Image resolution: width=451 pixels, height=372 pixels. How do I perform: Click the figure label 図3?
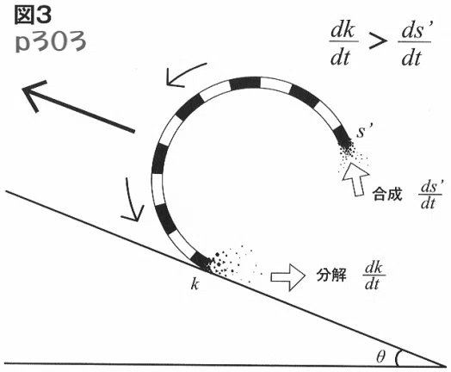pyautogui.click(x=33, y=15)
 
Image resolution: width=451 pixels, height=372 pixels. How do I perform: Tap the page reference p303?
pyautogui.click(x=50, y=42)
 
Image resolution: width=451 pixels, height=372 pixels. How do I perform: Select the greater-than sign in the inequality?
pyautogui.click(x=377, y=42)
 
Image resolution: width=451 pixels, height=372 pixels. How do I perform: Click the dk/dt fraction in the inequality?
pyautogui.click(x=343, y=44)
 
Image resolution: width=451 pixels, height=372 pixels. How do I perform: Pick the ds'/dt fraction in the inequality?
pyautogui.click(x=415, y=44)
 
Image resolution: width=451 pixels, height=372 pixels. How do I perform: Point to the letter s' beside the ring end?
pyautogui.click(x=365, y=131)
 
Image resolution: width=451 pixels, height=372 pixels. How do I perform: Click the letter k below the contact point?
pyautogui.click(x=195, y=284)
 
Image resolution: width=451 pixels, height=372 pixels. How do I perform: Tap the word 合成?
pyautogui.click(x=387, y=195)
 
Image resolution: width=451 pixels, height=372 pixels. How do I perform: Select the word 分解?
pyautogui.click(x=331, y=276)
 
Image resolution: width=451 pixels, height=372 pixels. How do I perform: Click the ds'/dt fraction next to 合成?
pyautogui.click(x=430, y=195)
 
